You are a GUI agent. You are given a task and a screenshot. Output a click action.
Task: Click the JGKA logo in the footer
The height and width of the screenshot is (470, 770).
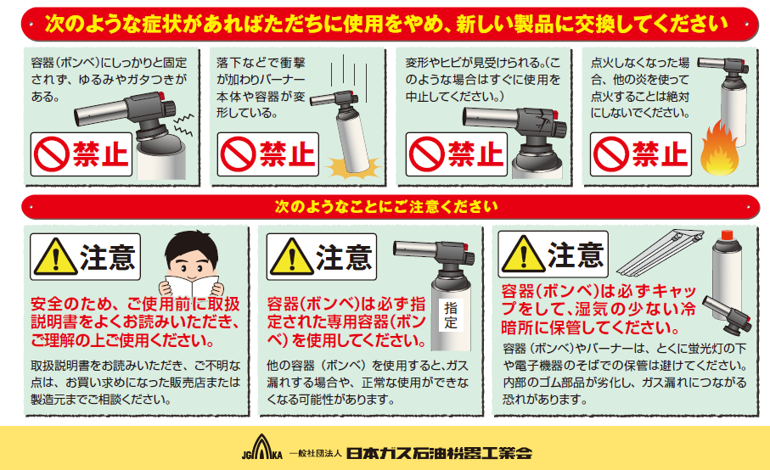[262, 447]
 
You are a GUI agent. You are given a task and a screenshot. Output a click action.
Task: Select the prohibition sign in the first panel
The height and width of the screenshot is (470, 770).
[51, 154]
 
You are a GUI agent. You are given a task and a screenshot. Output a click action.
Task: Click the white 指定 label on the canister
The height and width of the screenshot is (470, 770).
[451, 315]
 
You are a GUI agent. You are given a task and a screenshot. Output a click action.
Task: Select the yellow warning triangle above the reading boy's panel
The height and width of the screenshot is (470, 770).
[55, 256]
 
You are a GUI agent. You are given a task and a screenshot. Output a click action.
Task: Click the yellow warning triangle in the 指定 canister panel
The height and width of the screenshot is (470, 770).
[292, 256]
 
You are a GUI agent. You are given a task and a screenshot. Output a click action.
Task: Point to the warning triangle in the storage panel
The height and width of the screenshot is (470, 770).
[524, 255]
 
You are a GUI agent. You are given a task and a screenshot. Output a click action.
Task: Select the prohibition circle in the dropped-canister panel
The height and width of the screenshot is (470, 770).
[238, 154]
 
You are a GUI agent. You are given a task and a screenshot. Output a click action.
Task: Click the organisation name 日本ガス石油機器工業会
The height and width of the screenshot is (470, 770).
[439, 453]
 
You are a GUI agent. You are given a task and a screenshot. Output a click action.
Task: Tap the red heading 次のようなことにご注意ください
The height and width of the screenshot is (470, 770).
[386, 206]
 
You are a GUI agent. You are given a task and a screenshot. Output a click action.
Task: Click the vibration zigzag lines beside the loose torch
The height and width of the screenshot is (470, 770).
[183, 125]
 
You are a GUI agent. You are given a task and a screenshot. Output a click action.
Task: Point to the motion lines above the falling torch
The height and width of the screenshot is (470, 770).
[343, 71]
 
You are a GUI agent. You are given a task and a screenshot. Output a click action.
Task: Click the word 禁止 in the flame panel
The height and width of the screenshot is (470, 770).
[660, 154]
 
